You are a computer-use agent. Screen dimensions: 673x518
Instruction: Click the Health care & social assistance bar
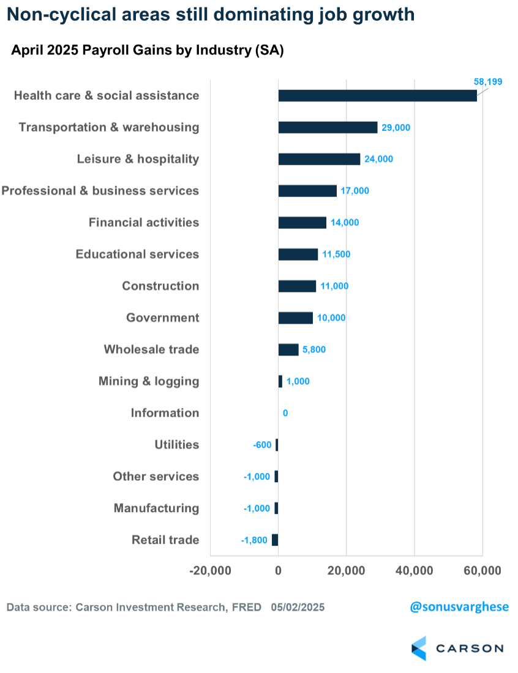pos(377,95)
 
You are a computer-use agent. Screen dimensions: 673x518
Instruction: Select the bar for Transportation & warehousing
pos(328,127)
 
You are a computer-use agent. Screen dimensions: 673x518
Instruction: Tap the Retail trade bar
pos(275,540)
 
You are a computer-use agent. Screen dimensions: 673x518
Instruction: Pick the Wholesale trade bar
pos(288,349)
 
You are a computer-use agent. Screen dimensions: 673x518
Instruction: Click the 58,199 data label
pos(487,81)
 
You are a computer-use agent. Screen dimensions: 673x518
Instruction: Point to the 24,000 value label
pos(379,159)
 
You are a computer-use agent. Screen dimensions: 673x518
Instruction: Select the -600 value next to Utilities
pos(262,445)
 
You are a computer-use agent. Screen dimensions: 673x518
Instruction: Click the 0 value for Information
pos(285,413)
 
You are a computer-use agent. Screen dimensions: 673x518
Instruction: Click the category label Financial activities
pos(144,222)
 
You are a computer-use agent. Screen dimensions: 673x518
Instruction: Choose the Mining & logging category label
pos(149,381)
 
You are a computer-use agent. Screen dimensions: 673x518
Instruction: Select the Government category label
pos(162,318)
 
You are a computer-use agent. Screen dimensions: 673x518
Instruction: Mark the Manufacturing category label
pos(156,508)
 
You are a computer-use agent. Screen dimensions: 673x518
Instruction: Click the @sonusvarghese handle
pos(459,607)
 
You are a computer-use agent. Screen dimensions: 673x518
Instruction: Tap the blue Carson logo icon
pos(419,648)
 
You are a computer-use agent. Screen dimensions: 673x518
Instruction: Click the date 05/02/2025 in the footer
pos(298,608)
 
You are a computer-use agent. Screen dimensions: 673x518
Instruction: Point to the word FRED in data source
pos(247,608)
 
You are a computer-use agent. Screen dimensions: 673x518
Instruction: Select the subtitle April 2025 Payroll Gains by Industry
pos(147,51)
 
